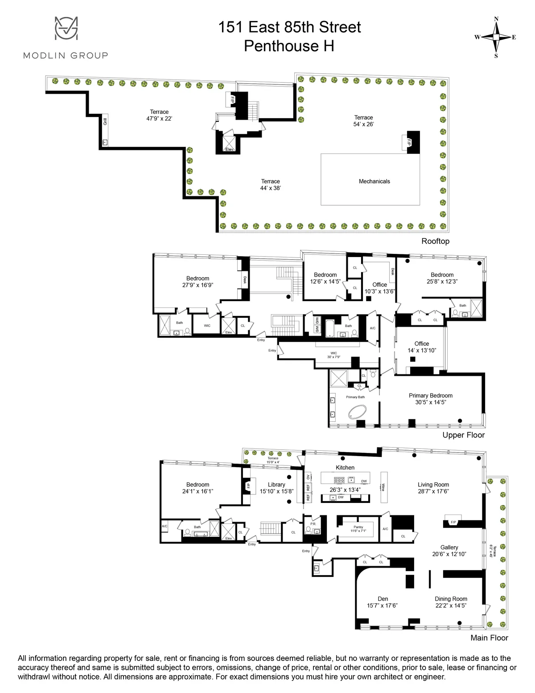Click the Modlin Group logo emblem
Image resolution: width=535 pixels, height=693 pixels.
point(66,28)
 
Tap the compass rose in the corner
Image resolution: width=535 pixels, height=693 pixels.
point(496,37)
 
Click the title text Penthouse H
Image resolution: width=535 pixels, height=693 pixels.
point(289,46)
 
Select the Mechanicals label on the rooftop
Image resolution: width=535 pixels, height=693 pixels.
point(374,181)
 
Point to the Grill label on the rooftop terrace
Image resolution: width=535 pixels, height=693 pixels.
point(105,121)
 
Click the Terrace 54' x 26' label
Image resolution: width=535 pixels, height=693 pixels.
point(363,121)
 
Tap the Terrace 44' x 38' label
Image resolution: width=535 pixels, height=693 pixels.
point(270,185)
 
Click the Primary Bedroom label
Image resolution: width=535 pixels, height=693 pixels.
point(430,398)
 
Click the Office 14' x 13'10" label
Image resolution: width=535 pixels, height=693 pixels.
point(421,347)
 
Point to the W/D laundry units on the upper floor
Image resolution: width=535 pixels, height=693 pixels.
point(317,324)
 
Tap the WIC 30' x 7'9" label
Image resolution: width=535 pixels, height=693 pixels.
point(333,355)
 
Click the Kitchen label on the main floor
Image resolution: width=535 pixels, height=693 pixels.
point(345,467)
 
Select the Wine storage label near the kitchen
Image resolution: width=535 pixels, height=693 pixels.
point(383,487)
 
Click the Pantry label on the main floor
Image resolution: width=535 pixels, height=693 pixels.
point(358,529)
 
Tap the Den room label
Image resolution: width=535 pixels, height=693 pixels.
point(383,602)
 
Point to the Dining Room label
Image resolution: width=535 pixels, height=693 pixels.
point(451,602)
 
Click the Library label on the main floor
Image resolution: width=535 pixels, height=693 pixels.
point(276,488)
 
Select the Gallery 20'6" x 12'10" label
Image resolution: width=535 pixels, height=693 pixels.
point(449,551)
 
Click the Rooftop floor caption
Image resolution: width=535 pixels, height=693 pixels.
point(435,241)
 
